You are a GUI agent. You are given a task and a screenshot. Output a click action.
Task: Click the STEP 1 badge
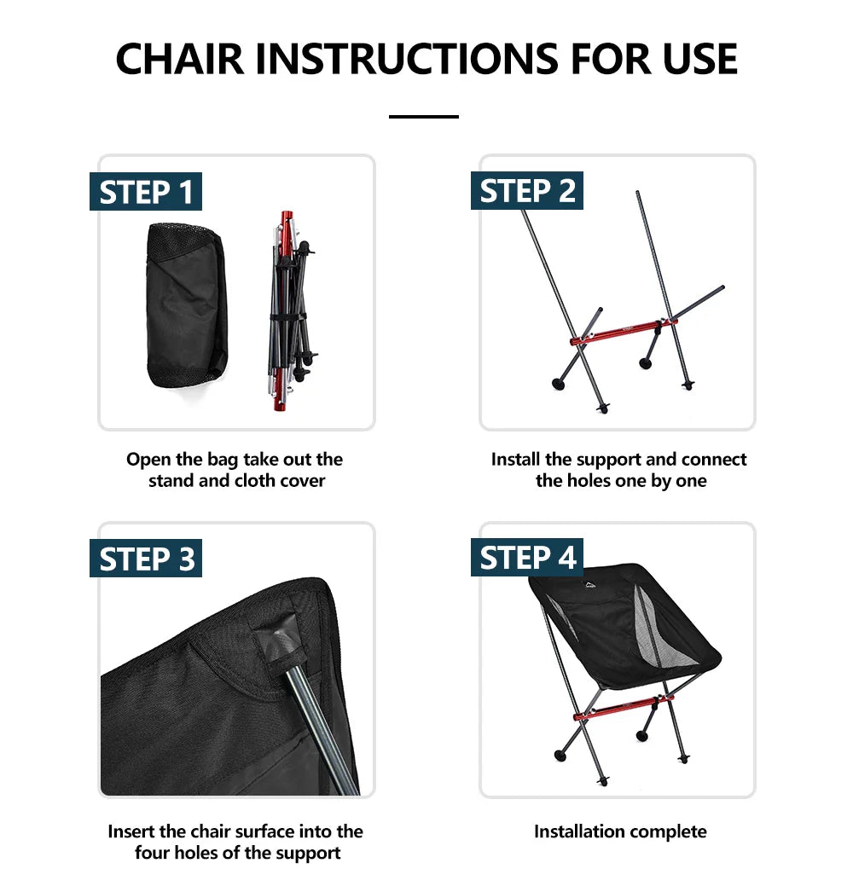[x=146, y=191]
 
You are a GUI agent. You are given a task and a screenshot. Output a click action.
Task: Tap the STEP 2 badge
[x=527, y=190]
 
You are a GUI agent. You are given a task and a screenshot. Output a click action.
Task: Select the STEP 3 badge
[x=146, y=558]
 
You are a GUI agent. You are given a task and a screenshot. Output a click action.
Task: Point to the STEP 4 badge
[x=527, y=558]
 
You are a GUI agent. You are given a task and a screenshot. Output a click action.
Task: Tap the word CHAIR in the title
[x=180, y=59]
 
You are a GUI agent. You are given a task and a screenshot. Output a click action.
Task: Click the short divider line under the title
[x=424, y=117]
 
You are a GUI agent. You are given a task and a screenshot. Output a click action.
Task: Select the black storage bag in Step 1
[x=187, y=306]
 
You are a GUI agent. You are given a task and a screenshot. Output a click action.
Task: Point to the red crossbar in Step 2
[x=624, y=333]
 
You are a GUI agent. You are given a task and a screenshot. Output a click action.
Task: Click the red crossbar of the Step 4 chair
[x=624, y=707]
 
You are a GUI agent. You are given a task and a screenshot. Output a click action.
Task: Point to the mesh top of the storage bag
[x=185, y=239]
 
